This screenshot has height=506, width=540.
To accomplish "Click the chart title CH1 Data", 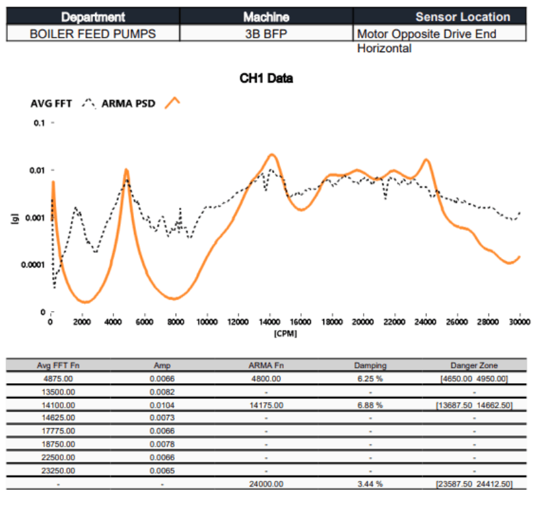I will [266, 79].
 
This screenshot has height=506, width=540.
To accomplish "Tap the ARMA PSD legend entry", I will [128, 103].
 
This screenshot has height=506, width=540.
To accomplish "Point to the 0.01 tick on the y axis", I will [37, 170].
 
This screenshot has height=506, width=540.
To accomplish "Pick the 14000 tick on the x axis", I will [269, 322].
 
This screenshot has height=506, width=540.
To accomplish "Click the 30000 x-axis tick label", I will [520, 322].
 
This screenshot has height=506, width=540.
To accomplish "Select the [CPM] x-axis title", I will [285, 333].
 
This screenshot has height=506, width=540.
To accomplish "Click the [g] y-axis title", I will [15, 217].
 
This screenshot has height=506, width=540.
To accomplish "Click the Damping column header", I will [370, 365].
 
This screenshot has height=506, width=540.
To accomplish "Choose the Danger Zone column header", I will [474, 365].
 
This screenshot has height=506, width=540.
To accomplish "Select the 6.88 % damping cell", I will [370, 405].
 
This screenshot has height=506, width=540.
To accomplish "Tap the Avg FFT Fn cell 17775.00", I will [58, 431].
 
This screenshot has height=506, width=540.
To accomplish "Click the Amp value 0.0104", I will [162, 405].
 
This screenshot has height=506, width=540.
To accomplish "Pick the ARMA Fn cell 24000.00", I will [266, 484].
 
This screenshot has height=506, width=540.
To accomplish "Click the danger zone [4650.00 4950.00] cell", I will [474, 379].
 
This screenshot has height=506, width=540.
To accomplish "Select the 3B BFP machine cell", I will [266, 33].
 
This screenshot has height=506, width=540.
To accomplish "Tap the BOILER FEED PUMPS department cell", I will [93, 33].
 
